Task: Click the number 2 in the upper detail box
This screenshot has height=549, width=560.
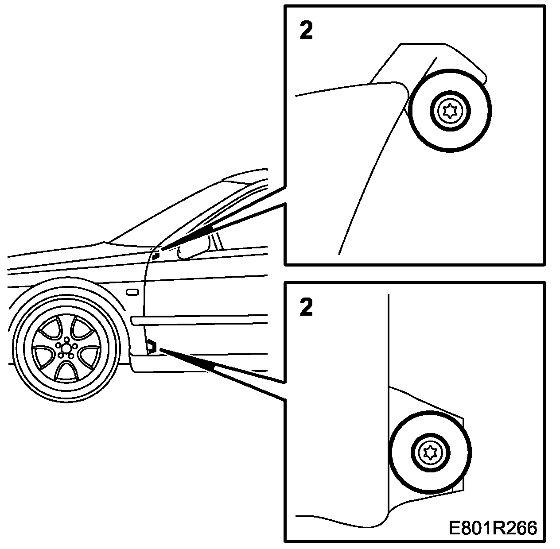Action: point(306,31)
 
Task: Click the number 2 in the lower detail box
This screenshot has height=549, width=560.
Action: point(306,307)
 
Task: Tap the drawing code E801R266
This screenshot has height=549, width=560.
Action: point(492,528)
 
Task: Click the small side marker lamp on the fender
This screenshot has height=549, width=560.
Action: point(132,292)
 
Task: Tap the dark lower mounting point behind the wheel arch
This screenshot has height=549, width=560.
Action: point(152,346)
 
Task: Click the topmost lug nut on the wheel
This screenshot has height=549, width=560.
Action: point(66,339)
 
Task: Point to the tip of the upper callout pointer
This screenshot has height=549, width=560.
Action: point(163,249)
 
